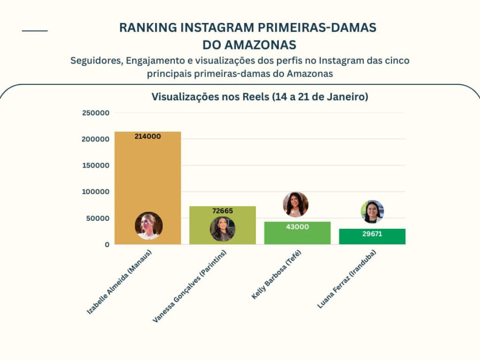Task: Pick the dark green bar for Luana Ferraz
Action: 372,238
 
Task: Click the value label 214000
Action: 148,137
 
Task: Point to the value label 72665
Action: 222,211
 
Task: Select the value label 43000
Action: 297,227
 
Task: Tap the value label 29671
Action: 372,234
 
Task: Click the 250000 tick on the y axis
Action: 96,113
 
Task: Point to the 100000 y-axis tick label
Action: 96,192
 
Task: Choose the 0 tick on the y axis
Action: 107,244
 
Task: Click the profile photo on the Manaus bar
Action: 148,226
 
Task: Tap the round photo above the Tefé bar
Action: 295,204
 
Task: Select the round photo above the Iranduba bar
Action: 372,212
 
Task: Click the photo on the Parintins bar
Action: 222,229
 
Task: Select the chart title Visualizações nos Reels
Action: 260,97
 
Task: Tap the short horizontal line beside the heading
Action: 35,31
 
